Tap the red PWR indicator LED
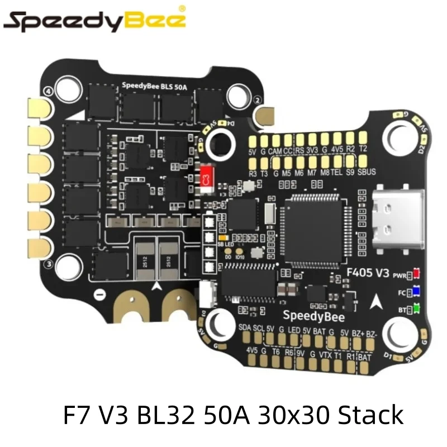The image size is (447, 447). click(416, 274)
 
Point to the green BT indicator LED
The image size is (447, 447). click(416, 308)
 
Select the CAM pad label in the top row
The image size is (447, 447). click(275, 150)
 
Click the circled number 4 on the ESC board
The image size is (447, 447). click(48, 90)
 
